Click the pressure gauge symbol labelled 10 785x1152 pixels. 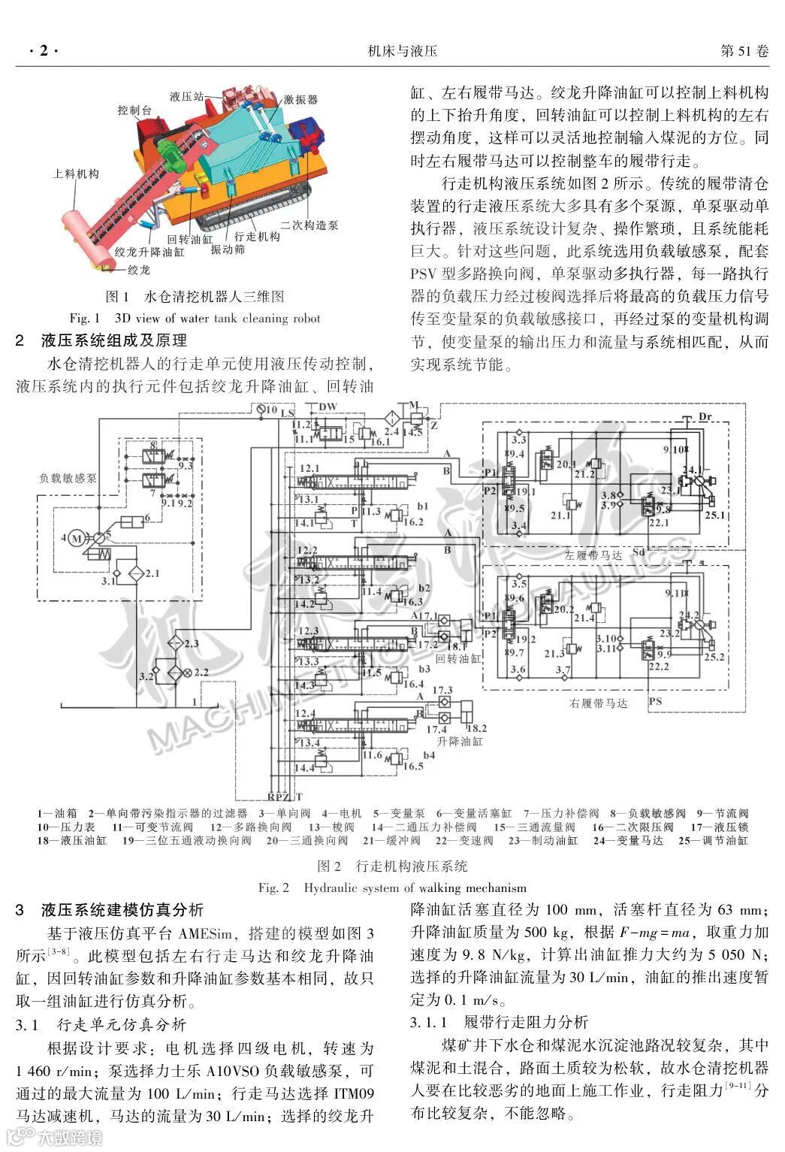tap(252, 410)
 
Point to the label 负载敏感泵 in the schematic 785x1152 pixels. tap(68, 477)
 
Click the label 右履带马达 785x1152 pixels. tap(599, 703)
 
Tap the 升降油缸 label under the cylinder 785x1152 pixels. tap(460, 741)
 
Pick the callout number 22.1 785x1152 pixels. tap(659, 522)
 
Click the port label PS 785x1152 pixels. tap(655, 701)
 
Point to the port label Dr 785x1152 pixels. tap(705, 417)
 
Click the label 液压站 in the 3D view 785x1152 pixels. tap(185, 96)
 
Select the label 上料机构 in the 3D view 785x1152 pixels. tap(76, 174)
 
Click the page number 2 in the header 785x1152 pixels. tap(43, 51)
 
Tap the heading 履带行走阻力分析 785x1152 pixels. tap(526, 1022)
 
